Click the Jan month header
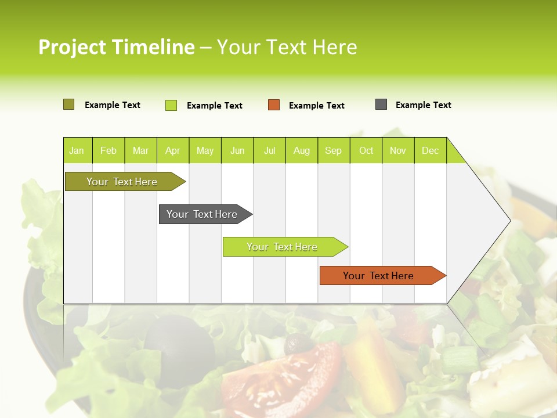[x=77, y=150]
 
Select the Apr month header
[x=172, y=150]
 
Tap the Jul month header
[x=269, y=150]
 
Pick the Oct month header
[x=366, y=150]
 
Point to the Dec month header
[x=430, y=150]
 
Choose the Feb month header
[x=108, y=150]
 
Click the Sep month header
[x=333, y=150]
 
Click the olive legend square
[x=68, y=105]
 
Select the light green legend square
[x=171, y=105]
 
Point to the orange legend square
[x=274, y=105]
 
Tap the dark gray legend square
[x=381, y=105]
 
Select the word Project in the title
[x=72, y=47]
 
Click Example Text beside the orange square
[x=317, y=106]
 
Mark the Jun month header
[x=237, y=150]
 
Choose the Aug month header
[x=302, y=150]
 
